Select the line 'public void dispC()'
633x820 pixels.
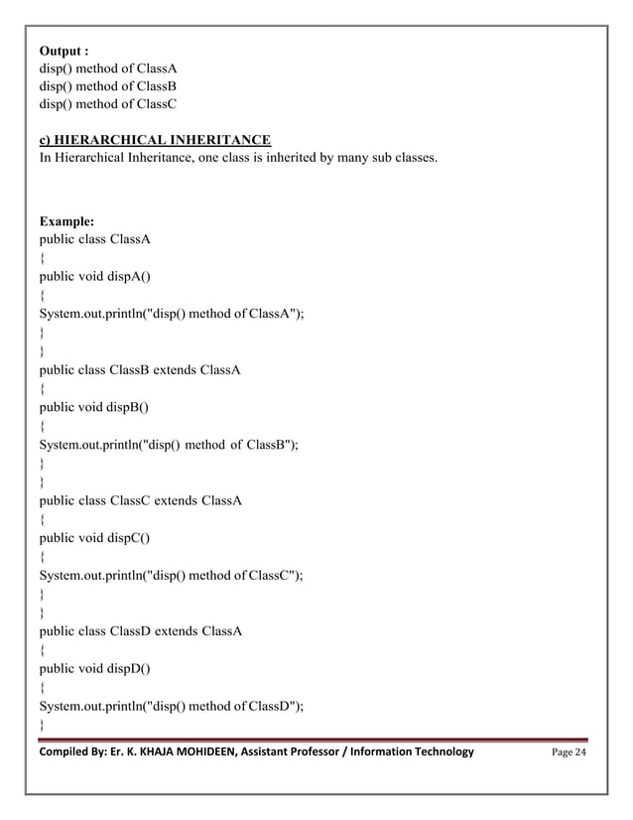94,537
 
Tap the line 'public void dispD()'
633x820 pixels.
94,667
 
